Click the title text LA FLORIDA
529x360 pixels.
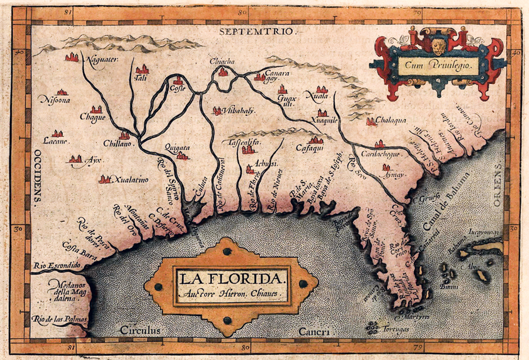231,277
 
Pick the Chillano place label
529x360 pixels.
119,144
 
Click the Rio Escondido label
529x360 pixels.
56,265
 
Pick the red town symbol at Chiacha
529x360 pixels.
223,72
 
